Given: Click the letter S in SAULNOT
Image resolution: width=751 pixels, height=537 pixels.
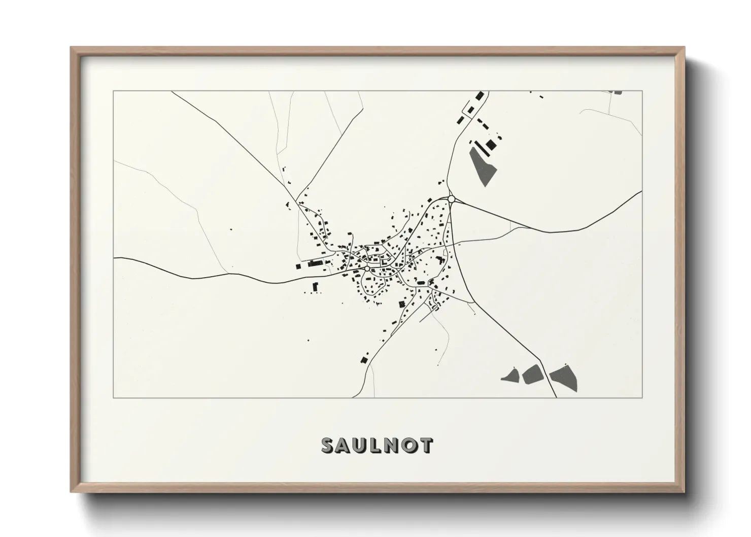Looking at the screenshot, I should (328, 445).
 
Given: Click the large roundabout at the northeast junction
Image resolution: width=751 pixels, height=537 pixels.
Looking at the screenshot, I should (451, 199).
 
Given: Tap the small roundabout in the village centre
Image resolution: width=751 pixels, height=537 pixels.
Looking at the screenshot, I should (366, 268).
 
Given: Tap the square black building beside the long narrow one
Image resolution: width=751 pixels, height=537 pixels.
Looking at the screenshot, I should (490, 145).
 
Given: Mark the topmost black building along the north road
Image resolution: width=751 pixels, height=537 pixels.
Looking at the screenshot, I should (479, 96).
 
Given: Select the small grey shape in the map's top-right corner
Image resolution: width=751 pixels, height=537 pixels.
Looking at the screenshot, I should (617, 92).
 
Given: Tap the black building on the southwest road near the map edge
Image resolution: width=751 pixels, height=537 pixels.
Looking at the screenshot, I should (363, 359).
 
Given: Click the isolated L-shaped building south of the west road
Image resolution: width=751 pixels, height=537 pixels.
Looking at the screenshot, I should (315, 287).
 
